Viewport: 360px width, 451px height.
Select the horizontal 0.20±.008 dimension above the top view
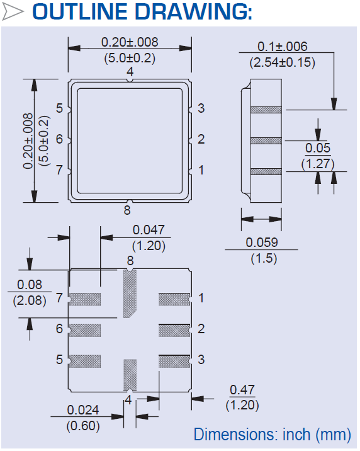[x=130, y=43]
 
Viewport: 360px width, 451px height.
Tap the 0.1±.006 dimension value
[x=282, y=47]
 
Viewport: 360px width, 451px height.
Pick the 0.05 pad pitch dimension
[x=318, y=148]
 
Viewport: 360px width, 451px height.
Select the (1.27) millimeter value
[x=318, y=164]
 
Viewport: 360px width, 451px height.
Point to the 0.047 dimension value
[x=149, y=229]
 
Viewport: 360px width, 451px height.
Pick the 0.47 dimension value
[x=242, y=389]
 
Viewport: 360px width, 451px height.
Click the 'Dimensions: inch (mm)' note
[x=272, y=434]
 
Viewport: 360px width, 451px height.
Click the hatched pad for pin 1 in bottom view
[x=174, y=298]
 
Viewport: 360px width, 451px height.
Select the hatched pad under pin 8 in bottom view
[x=130, y=292]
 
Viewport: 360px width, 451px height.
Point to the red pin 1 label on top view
[x=201, y=170]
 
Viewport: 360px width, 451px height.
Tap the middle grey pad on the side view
[x=265, y=140]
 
